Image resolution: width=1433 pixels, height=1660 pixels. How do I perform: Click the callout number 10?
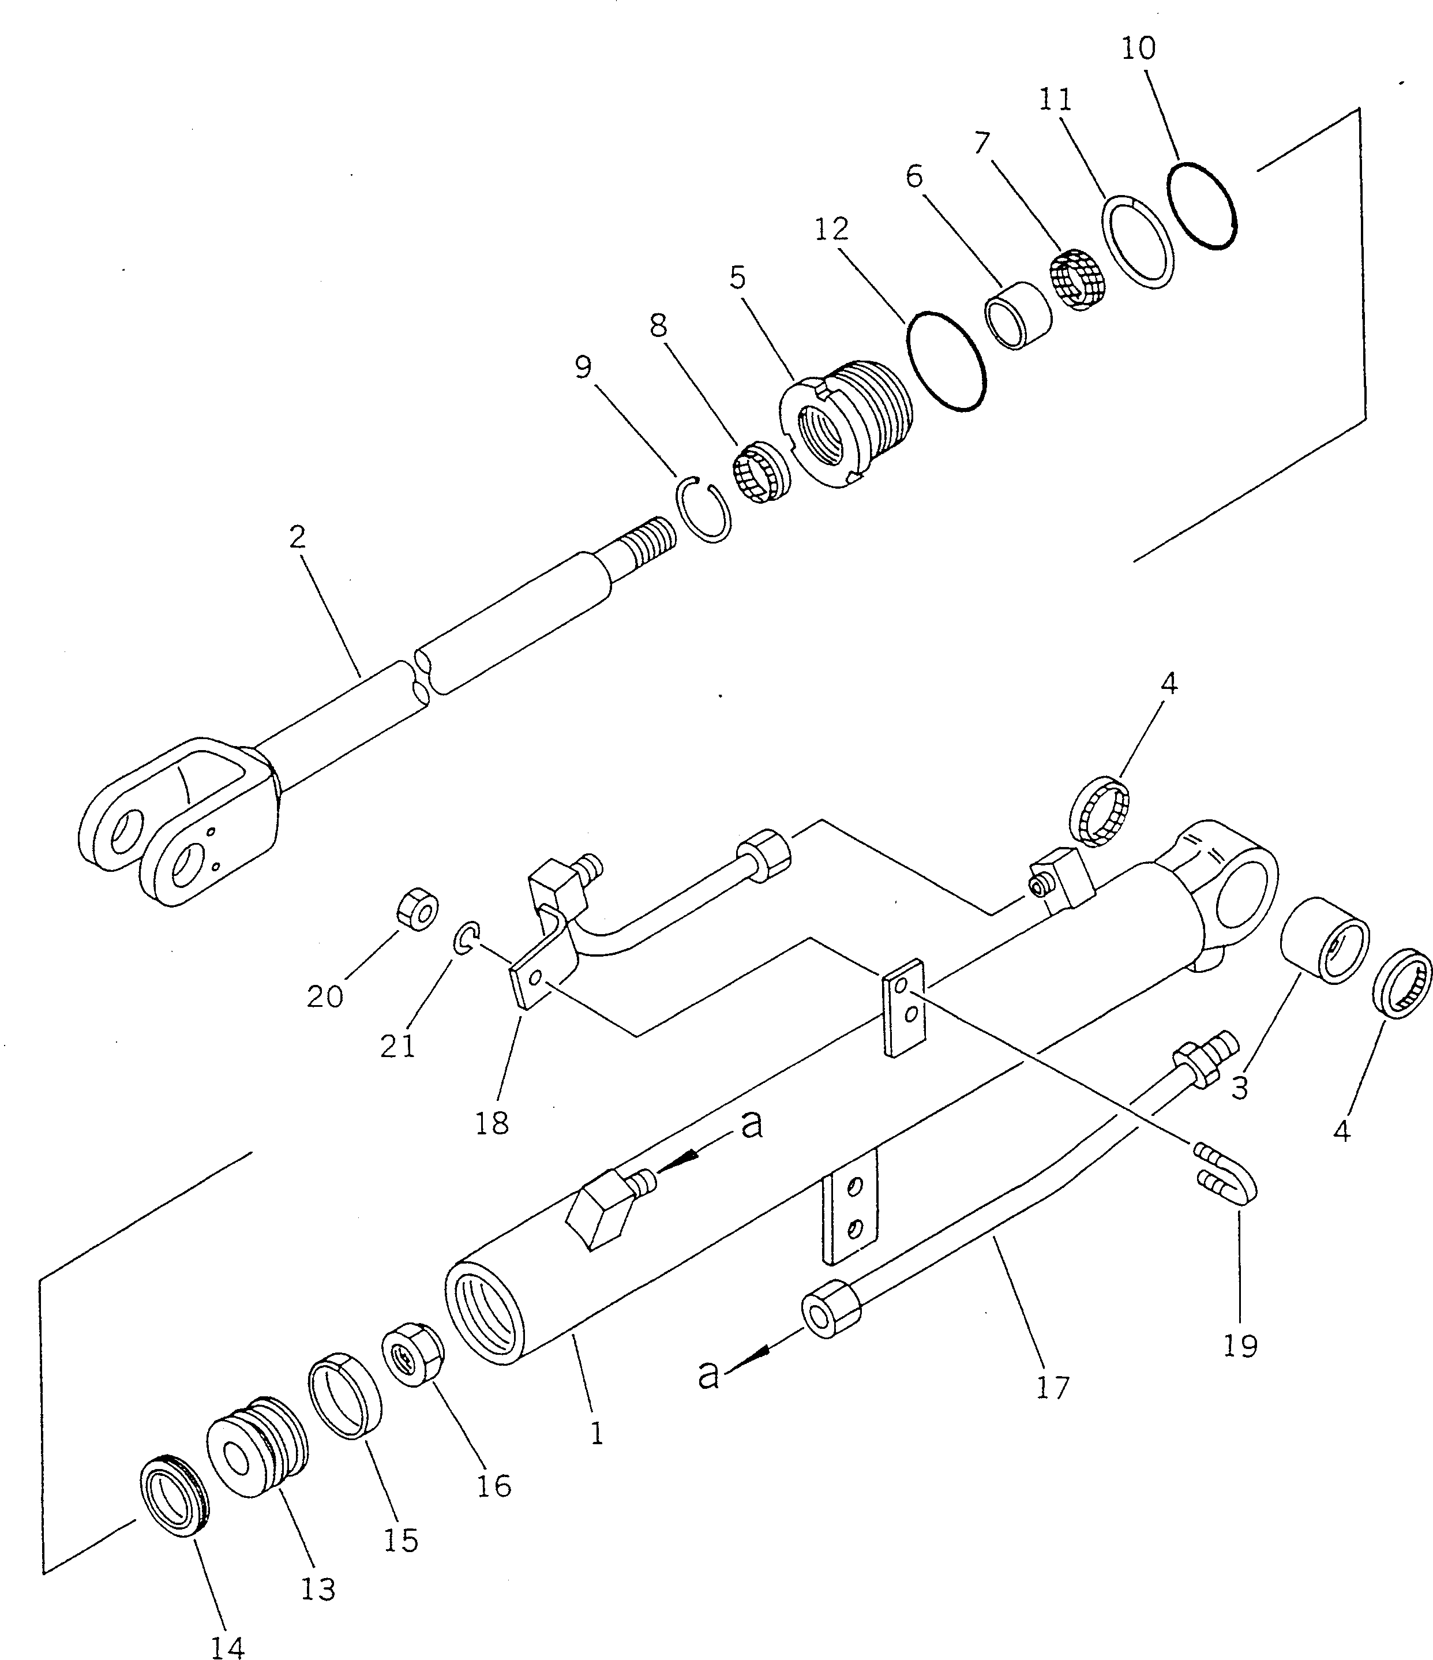coord(1138,49)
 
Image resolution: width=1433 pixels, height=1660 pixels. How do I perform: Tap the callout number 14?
coord(227,1646)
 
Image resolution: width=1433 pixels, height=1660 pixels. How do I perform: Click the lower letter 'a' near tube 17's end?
coord(708,1375)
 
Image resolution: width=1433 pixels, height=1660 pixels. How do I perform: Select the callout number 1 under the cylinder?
coord(596,1433)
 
